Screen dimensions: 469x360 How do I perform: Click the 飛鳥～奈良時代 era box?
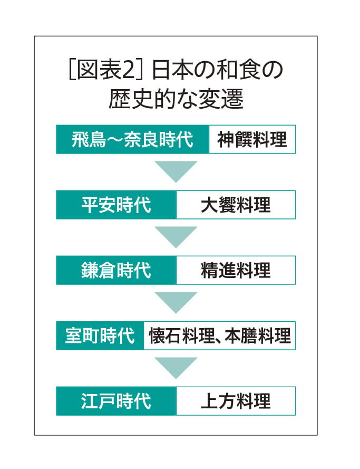132,140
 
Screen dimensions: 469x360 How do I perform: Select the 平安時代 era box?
116,205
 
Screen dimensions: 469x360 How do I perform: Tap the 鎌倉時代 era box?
116,270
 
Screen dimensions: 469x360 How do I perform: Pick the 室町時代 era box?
100,336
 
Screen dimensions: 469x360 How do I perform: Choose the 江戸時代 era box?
116,401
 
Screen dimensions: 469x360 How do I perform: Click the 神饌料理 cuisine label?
252,140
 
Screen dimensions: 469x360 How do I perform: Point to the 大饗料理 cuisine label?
236,205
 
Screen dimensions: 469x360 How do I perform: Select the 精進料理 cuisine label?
236,270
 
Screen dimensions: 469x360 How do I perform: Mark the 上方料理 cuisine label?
236,401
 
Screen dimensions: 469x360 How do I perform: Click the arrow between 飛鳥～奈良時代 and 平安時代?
176,170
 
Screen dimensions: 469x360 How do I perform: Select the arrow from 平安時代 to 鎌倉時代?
176,236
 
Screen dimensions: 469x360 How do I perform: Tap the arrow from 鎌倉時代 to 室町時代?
176,301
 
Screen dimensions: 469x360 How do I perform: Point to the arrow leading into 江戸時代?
176,367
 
